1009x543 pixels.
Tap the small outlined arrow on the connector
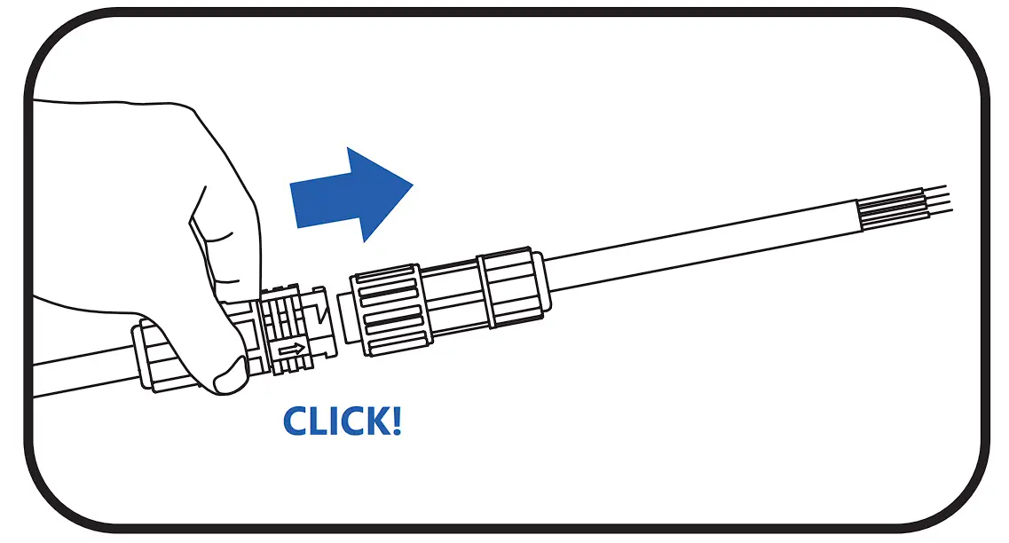[x=289, y=351]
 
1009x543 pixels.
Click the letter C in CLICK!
[x=299, y=421]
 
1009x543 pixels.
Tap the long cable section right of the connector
[x=692, y=253]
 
